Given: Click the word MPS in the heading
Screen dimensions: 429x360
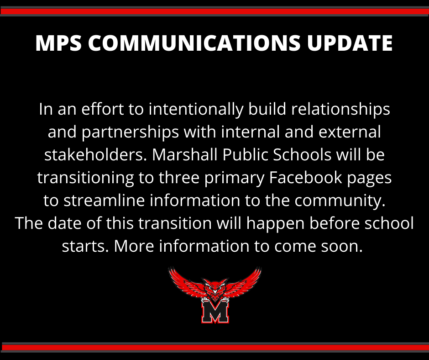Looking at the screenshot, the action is [58, 43].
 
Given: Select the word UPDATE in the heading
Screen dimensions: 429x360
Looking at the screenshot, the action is [350, 43].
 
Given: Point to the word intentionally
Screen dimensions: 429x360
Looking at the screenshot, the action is [196, 110].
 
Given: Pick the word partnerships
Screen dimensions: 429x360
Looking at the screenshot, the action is [130, 132].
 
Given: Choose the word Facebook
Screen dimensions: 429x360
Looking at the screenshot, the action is [306, 178].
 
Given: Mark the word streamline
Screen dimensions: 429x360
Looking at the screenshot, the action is [104, 201].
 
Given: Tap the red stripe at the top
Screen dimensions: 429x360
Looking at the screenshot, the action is [214, 11].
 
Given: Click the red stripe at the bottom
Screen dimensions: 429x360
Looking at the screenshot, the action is [214, 347].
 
